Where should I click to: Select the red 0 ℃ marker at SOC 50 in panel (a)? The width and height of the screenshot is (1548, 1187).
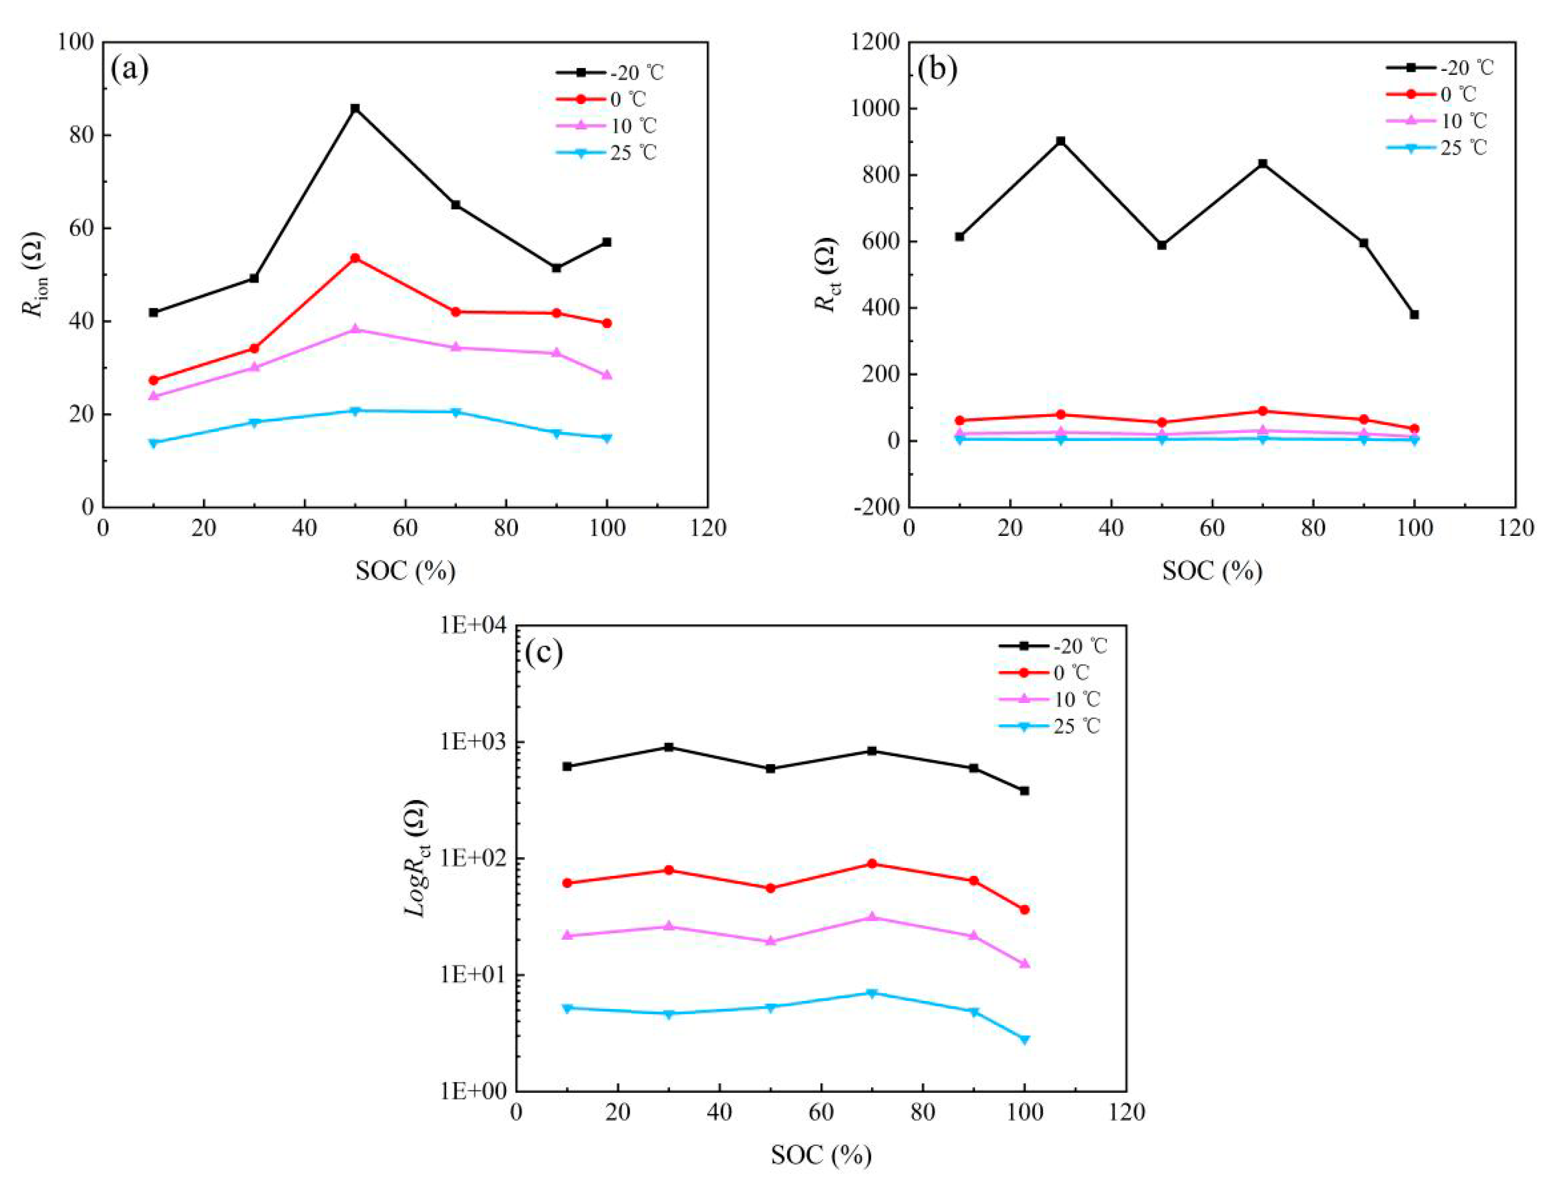click(x=355, y=258)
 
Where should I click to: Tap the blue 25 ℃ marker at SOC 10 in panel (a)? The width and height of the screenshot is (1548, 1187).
click(x=153, y=443)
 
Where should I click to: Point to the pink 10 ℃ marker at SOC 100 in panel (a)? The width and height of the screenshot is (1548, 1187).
click(x=606, y=375)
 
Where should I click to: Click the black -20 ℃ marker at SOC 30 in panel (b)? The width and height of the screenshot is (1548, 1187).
click(x=1060, y=141)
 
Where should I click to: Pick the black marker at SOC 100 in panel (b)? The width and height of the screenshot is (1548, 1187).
click(x=1414, y=315)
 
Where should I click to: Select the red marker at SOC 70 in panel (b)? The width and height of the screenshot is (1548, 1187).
click(x=1263, y=410)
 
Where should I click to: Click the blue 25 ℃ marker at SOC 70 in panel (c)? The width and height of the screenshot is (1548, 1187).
click(x=872, y=993)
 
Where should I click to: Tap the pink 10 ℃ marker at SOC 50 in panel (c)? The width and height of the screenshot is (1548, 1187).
click(x=771, y=941)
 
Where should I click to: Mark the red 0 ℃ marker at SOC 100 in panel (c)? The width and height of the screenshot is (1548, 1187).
click(x=1024, y=910)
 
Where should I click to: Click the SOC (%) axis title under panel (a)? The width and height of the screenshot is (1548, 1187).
click(x=405, y=570)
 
